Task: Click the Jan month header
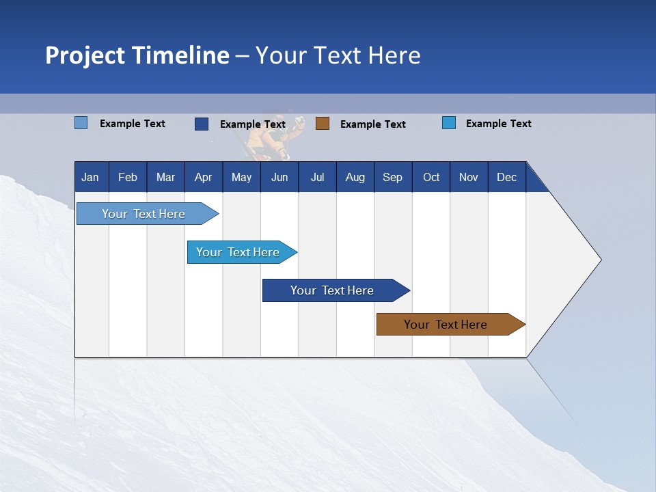pyautogui.click(x=91, y=177)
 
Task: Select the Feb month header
pyautogui.click(x=128, y=177)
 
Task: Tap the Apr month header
pyautogui.click(x=204, y=177)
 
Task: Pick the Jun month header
pyautogui.click(x=279, y=177)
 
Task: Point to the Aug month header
pyautogui.click(x=355, y=177)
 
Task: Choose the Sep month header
pyautogui.click(x=393, y=177)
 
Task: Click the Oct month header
pyautogui.click(x=431, y=177)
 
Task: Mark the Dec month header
pyautogui.click(x=507, y=177)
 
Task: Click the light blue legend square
pyautogui.click(x=81, y=123)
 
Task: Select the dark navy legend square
pyautogui.click(x=202, y=124)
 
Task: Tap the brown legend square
pyautogui.click(x=323, y=124)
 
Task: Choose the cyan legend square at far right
pyautogui.click(x=449, y=123)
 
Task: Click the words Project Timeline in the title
pyautogui.click(x=137, y=55)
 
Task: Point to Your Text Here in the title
pyautogui.click(x=338, y=55)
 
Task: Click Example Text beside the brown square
pyautogui.click(x=372, y=124)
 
